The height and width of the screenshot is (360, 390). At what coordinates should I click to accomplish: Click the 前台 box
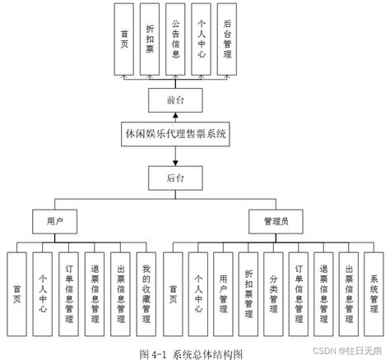click(174, 99)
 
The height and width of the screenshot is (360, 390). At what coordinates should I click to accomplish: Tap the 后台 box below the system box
click(174, 177)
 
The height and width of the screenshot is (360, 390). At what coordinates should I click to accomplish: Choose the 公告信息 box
click(174, 37)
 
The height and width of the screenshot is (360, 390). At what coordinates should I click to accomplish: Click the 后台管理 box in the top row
click(227, 37)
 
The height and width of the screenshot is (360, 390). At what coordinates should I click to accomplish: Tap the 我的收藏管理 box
click(146, 293)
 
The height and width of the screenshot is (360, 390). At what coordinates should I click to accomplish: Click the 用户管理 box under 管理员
click(222, 293)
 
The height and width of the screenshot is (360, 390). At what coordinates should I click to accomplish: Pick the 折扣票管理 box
click(248, 293)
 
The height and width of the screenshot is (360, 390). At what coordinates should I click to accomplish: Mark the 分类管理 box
click(273, 293)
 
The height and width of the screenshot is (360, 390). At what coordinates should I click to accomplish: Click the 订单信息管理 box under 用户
click(70, 293)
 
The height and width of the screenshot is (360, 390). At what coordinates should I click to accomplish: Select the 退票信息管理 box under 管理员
click(324, 293)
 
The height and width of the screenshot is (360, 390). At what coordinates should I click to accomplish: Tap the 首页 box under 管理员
click(172, 293)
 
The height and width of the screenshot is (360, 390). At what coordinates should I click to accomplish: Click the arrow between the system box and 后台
click(174, 155)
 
